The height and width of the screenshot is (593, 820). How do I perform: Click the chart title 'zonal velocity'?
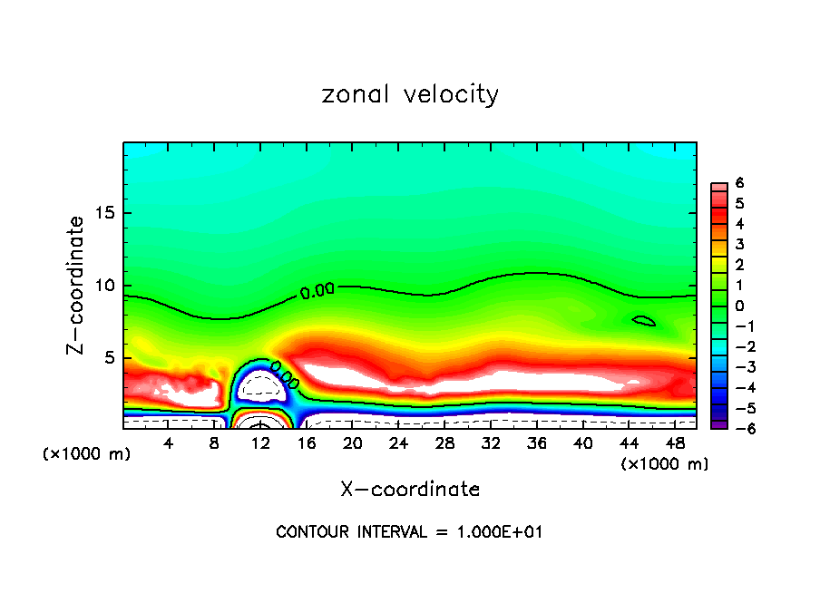pyautogui.click(x=410, y=94)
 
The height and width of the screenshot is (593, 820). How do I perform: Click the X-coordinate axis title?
pyautogui.click(x=410, y=489)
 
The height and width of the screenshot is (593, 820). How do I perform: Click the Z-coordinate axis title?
pyautogui.click(x=77, y=285)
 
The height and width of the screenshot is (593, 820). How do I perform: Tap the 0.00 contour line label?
pyautogui.click(x=317, y=291)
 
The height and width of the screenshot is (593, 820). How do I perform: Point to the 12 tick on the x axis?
pyautogui.click(x=260, y=443)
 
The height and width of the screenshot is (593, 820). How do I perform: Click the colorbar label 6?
pyautogui.click(x=740, y=182)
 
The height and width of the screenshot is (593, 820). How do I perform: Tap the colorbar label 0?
pyautogui.click(x=740, y=305)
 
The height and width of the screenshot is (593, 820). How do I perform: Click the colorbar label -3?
pyautogui.click(x=738, y=366)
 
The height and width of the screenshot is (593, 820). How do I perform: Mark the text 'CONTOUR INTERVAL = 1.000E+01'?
pyautogui.click(x=410, y=532)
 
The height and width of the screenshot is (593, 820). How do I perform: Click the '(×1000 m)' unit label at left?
pyautogui.click(x=87, y=453)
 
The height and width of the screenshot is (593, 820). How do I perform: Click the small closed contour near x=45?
pyautogui.click(x=643, y=321)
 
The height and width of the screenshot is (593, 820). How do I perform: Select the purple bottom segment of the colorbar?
pyautogui.click(x=717, y=423)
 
